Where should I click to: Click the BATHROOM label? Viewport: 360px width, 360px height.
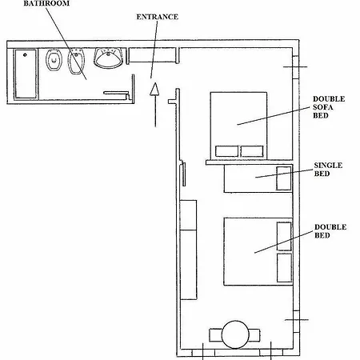[46, 3]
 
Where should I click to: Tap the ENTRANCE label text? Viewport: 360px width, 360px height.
[157, 17]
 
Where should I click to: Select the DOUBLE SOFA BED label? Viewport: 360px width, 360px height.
[329, 107]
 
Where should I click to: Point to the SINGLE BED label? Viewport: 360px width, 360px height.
[328, 170]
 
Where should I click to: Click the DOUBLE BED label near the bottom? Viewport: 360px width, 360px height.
[330, 231]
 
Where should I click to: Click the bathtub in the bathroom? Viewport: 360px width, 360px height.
[26, 74]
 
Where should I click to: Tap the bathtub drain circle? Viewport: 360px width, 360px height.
[25, 55]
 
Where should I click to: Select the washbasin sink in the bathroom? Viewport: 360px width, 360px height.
[108, 58]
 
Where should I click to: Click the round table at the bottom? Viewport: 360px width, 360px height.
[235, 334]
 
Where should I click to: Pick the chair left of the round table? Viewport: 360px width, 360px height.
[215, 335]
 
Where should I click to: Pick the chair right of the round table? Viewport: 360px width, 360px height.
[254, 335]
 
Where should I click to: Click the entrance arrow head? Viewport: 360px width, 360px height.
[154, 89]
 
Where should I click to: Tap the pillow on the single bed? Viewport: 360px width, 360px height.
[284, 178]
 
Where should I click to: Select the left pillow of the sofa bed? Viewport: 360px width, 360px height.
[226, 151]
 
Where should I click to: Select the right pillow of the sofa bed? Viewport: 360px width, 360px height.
[252, 151]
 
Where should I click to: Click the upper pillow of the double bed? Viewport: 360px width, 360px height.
[284, 236]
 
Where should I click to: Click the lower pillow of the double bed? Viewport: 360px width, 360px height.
[284, 267]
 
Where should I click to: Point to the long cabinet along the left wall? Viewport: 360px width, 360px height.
[189, 250]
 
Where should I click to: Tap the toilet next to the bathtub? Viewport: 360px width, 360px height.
[54, 61]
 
